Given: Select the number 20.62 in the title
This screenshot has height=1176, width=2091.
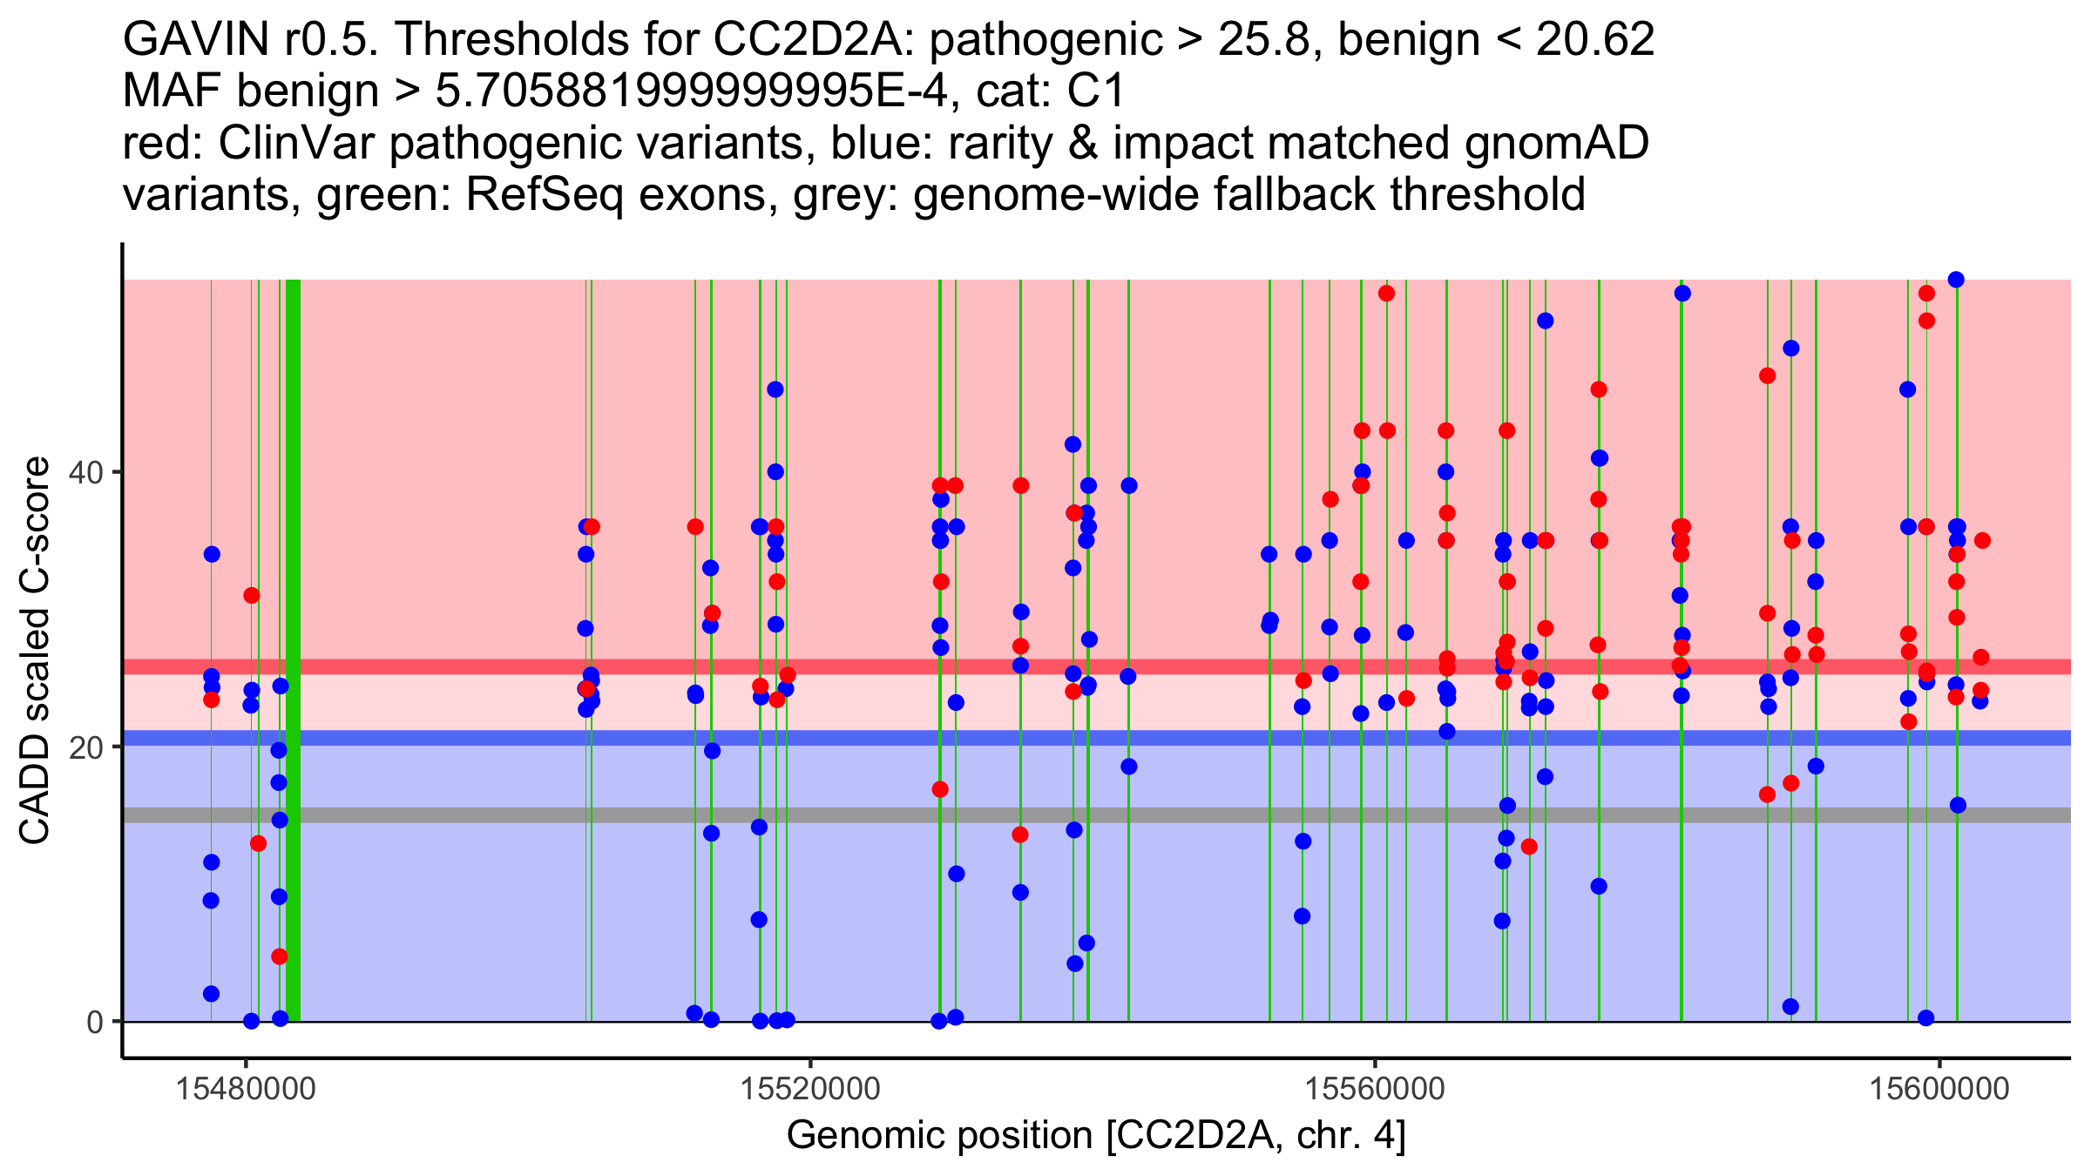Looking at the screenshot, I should [x=1594, y=40].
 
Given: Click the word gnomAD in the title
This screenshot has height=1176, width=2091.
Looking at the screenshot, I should [x=1556, y=144].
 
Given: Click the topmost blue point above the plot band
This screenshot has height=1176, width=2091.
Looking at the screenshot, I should [x=1956, y=280].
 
